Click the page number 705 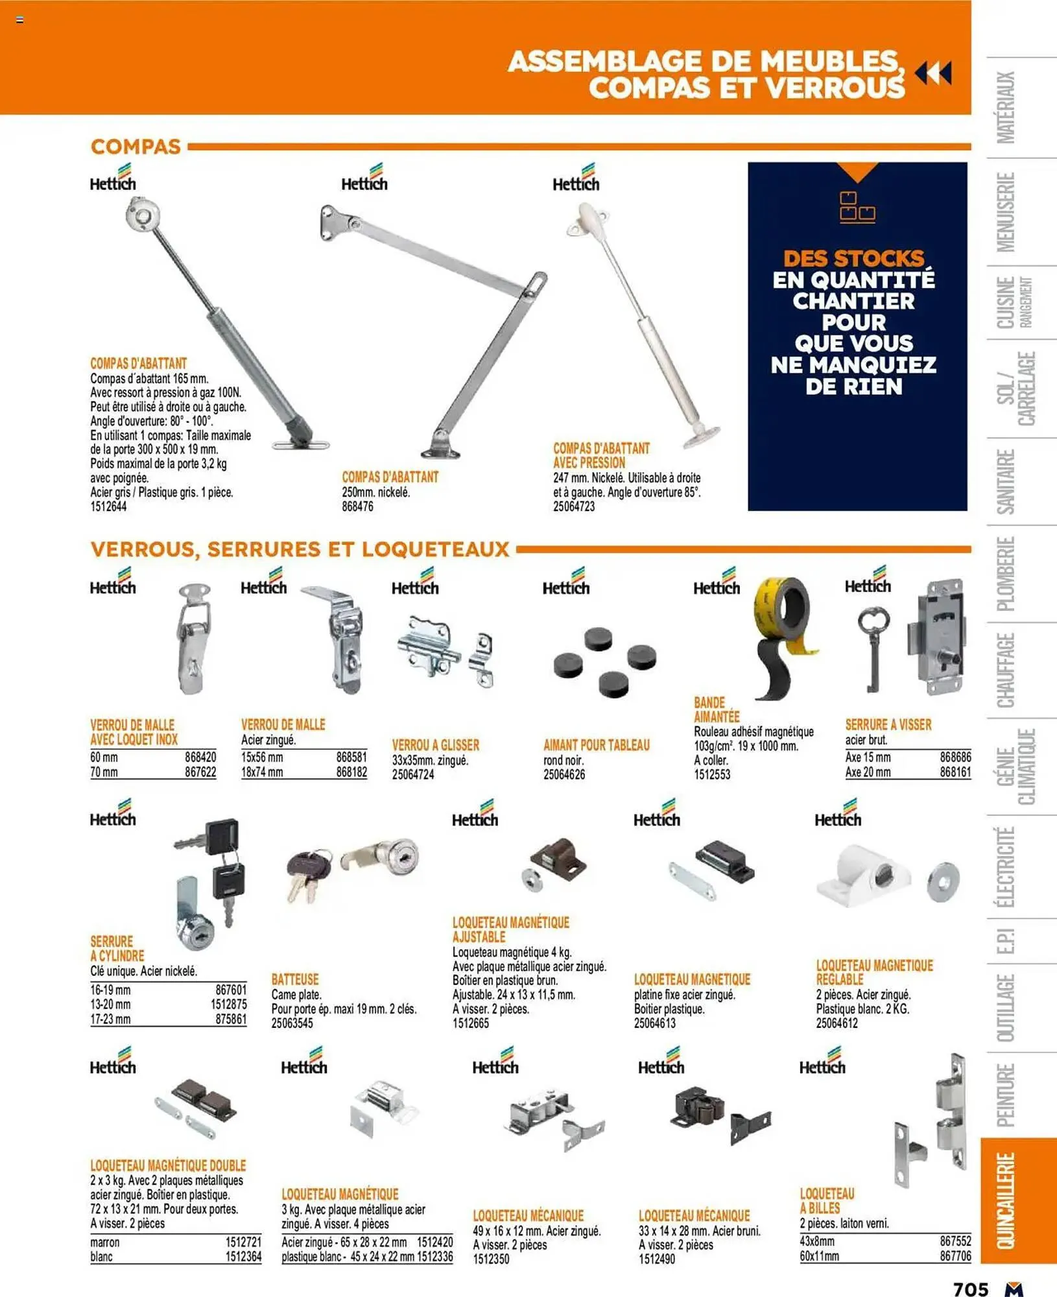971,1289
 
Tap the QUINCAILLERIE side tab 1006,1200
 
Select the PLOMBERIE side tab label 1006,573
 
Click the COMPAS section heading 136,147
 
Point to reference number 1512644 108,506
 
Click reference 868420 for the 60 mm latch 200,757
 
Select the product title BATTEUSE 295,979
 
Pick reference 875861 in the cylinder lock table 231,1019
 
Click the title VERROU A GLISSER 436,745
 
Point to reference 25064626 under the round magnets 564,774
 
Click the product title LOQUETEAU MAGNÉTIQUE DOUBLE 168,1165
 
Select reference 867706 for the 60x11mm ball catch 955,1256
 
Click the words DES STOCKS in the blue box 853,259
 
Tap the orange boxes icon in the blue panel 857,207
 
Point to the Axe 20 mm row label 868,772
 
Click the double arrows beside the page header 934,73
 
